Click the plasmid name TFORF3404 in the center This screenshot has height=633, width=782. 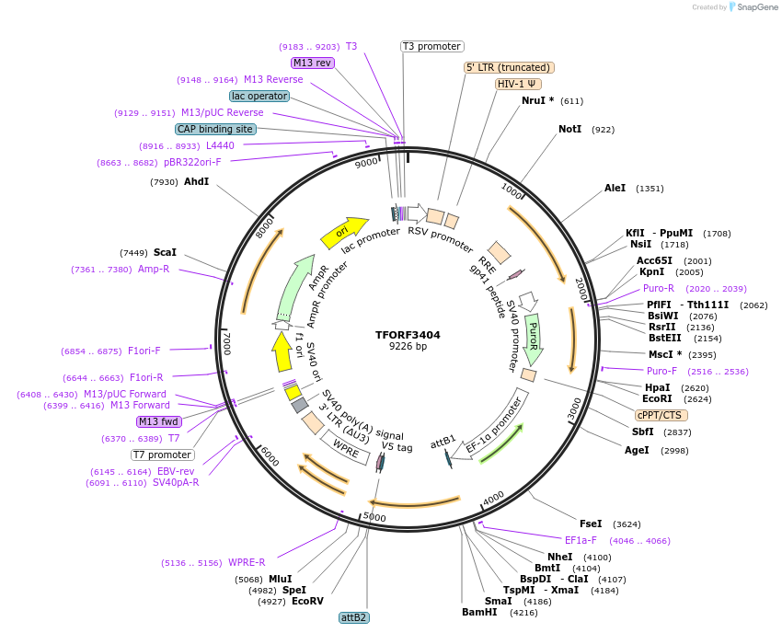(x=408, y=335)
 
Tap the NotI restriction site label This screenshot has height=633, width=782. (x=570, y=129)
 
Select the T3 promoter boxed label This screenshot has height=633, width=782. (x=432, y=46)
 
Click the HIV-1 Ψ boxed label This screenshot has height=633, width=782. (x=518, y=84)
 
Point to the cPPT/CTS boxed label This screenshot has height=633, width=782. (x=664, y=415)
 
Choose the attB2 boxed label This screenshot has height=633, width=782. (x=354, y=617)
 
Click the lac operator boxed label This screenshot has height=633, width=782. (x=259, y=96)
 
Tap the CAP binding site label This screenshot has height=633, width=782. (x=215, y=130)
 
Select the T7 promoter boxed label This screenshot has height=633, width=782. (x=162, y=455)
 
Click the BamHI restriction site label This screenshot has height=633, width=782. (x=479, y=612)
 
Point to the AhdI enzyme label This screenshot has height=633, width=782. (x=197, y=181)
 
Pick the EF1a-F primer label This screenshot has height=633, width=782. (x=581, y=540)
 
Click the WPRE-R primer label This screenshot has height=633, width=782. (x=247, y=562)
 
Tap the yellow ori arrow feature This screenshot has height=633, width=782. (x=343, y=232)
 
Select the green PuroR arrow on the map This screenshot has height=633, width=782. (x=533, y=339)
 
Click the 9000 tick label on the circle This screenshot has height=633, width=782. (x=366, y=163)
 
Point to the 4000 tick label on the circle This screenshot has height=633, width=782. (x=493, y=497)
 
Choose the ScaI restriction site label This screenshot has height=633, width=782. (x=166, y=252)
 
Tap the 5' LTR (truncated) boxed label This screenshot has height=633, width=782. (x=508, y=67)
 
